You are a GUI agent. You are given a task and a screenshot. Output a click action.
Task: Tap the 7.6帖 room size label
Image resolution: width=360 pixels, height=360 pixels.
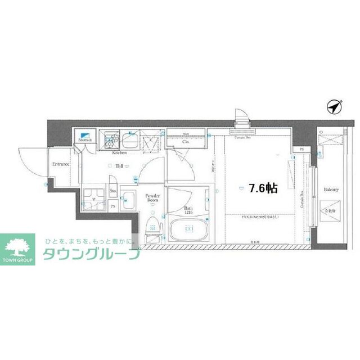pyautogui.click(x=263, y=188)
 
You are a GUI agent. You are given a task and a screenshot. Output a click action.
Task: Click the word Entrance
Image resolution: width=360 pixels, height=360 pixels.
pyautogui.click(x=61, y=164)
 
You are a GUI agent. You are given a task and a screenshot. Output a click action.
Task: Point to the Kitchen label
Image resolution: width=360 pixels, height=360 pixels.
pyautogui.click(x=119, y=153)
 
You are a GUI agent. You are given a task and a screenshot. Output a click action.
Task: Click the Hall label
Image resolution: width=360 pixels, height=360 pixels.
pyautogui.click(x=119, y=166)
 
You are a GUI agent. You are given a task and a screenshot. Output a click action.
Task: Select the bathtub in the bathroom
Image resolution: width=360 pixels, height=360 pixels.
pyautogui.click(x=190, y=230)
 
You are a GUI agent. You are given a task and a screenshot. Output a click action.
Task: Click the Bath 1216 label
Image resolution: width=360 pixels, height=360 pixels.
pyautogui.click(x=189, y=210)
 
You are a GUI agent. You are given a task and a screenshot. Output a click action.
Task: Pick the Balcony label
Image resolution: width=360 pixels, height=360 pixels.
pyautogui.click(x=331, y=190)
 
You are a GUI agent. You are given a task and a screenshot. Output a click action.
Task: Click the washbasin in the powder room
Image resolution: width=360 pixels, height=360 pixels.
pyautogui.click(x=128, y=199)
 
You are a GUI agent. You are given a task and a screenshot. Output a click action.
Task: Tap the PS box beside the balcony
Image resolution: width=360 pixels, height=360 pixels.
pyautogui.click(x=301, y=149)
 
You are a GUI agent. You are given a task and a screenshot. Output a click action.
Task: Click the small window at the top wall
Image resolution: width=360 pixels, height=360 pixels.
pyautogui.click(x=242, y=117)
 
